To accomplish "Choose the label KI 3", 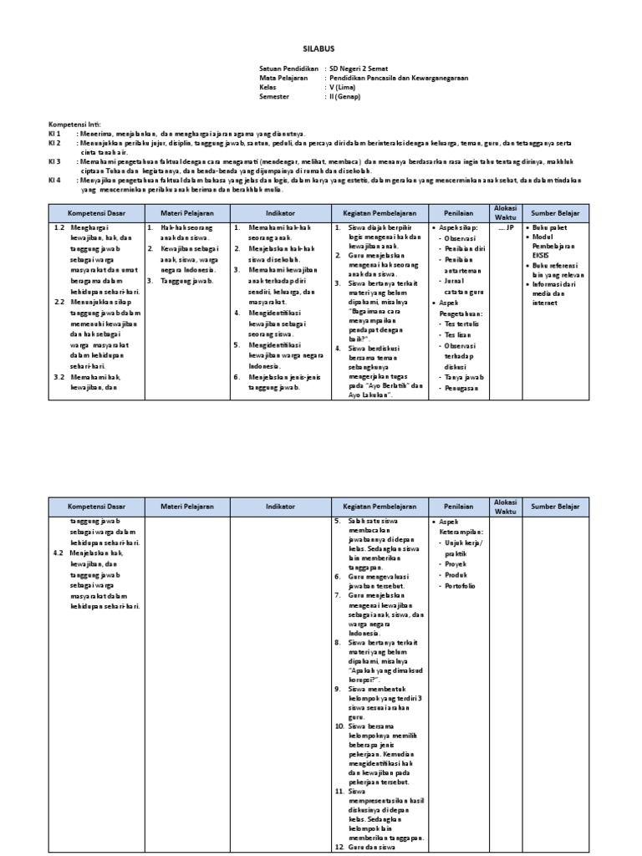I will (x=55, y=160).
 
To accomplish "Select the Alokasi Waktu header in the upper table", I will (x=506, y=211).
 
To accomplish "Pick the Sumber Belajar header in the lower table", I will (x=554, y=507).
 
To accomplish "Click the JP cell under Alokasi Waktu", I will (x=506, y=227).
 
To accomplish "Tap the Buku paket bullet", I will (x=551, y=227).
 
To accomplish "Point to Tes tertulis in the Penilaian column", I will (x=463, y=322).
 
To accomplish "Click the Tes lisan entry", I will (x=458, y=334).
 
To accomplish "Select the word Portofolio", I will (x=461, y=586).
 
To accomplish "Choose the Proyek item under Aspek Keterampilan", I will (x=456, y=564).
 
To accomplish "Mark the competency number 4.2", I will (x=59, y=553).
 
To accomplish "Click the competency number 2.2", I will (x=59, y=302).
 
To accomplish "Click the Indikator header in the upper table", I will (x=276, y=211).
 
